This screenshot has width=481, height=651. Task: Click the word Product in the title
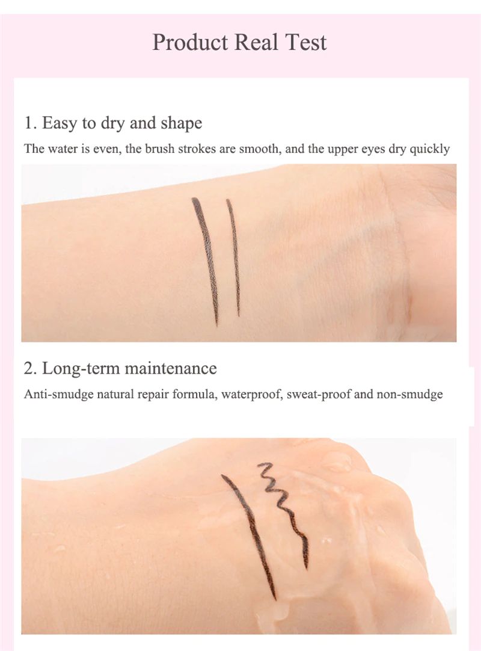(x=190, y=42)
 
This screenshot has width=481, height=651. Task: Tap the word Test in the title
(x=306, y=42)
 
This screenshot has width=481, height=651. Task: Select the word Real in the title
(x=256, y=42)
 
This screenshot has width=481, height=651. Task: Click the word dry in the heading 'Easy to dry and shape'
(x=113, y=124)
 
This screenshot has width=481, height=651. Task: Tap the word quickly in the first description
(x=429, y=149)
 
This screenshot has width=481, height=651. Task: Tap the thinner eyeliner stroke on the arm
(x=234, y=258)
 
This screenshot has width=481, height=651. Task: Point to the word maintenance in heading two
(x=171, y=369)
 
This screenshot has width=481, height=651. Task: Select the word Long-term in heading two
(x=81, y=369)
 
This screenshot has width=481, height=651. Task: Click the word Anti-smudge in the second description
(x=58, y=395)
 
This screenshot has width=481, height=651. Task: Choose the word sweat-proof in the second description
(x=319, y=395)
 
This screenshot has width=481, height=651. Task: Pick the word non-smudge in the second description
(x=409, y=395)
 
